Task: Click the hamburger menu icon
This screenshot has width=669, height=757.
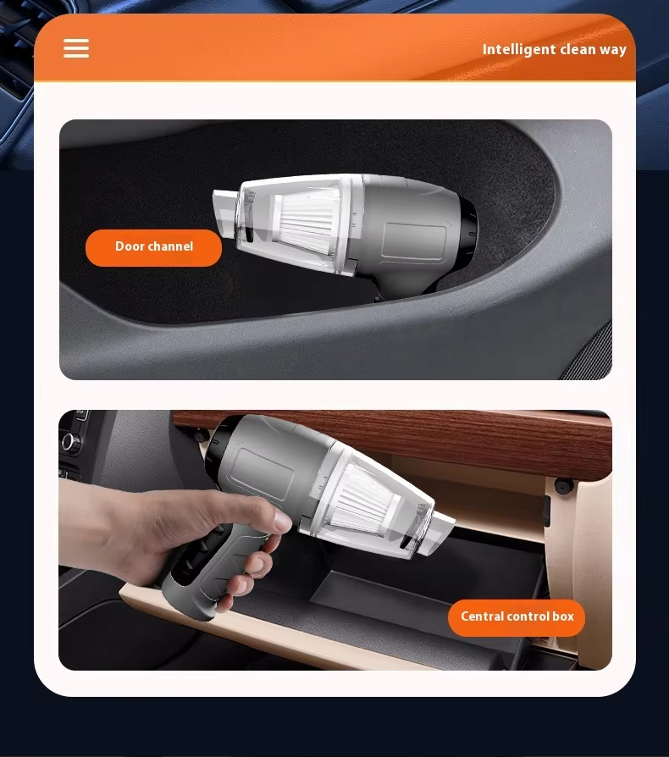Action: (x=76, y=48)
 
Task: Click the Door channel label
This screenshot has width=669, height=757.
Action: (x=153, y=247)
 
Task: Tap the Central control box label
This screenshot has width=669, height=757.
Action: (x=517, y=617)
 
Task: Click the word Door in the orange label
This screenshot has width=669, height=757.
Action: (x=130, y=246)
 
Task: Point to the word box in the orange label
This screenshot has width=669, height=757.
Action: (x=563, y=616)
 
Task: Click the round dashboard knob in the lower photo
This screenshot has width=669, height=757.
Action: (x=71, y=442)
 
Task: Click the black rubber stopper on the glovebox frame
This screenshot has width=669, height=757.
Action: (x=563, y=485)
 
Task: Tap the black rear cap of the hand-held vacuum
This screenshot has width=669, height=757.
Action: (x=216, y=447)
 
